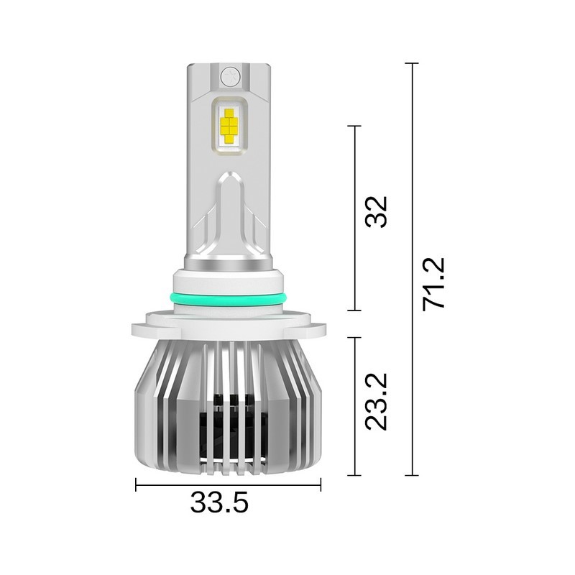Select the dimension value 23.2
point(377,401)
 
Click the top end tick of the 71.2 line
point(412,64)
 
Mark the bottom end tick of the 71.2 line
point(412,475)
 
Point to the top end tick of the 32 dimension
point(354,126)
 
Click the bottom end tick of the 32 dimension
point(354,310)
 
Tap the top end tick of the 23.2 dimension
point(354,337)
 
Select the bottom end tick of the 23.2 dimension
point(354,475)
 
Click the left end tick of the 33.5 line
point(137,485)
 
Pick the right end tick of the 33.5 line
point(321,485)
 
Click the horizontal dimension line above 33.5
point(229,485)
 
